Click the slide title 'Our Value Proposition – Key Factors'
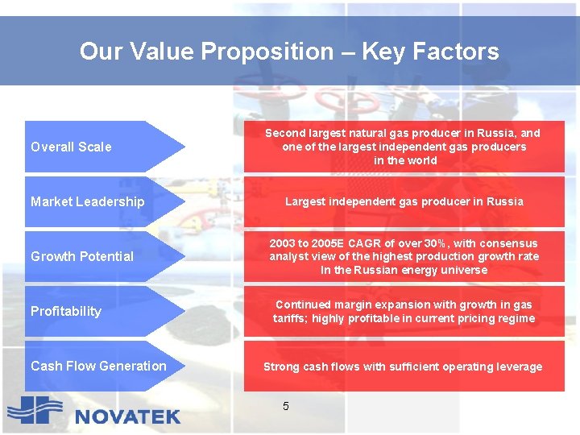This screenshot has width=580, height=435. tap(289, 52)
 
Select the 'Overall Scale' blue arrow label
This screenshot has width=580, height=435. tap(71, 147)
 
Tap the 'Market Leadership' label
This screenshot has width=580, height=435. tap(87, 201)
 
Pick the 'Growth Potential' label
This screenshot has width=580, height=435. tap(82, 256)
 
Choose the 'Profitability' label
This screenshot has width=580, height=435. tap(66, 311)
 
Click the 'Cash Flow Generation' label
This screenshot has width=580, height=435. tap(98, 366)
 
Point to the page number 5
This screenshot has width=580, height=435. tap(286, 406)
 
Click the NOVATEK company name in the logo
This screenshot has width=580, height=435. tap(127, 416)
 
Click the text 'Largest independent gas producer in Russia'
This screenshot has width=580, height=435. tap(404, 201)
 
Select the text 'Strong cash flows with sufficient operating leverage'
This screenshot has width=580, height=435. tap(403, 367)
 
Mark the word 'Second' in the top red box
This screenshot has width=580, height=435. tap(286, 133)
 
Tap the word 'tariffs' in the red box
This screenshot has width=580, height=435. tap(289, 318)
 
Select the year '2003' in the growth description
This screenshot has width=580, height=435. tap(283, 243)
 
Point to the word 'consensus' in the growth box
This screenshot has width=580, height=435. tap(508, 243)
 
